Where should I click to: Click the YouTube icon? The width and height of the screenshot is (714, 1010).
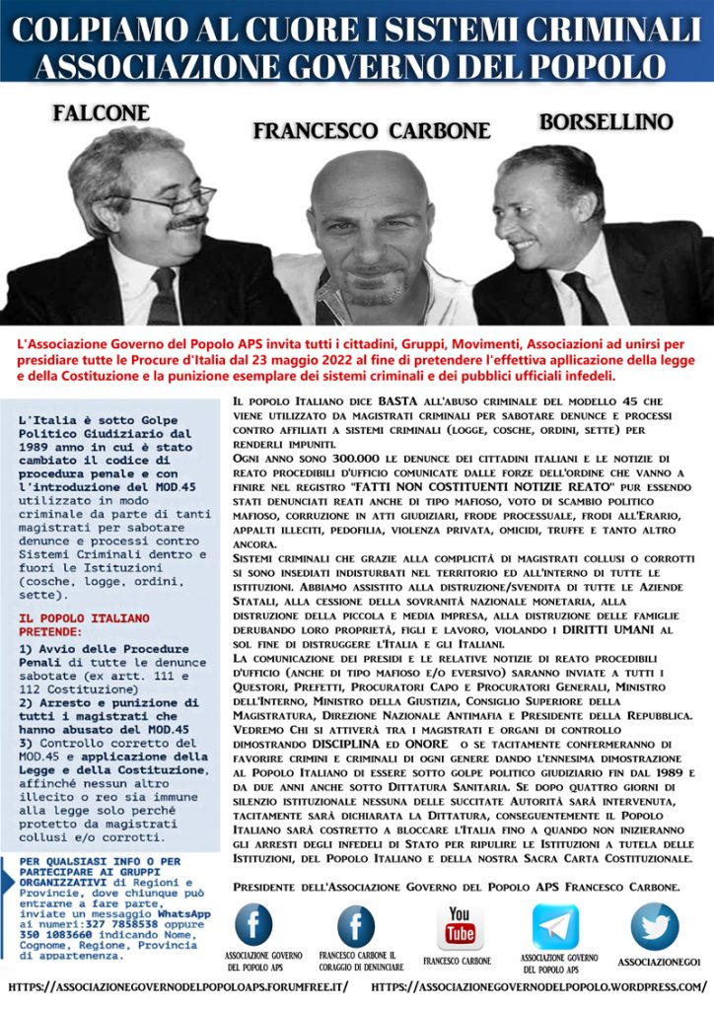(x=460, y=926)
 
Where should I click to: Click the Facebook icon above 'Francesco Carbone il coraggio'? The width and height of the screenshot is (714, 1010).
(x=356, y=926)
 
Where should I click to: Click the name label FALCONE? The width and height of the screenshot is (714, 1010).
(x=101, y=112)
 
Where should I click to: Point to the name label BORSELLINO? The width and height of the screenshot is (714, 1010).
(x=606, y=122)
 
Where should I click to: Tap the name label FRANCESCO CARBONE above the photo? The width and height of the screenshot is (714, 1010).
(x=372, y=130)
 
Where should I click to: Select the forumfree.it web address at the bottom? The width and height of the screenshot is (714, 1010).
(x=178, y=987)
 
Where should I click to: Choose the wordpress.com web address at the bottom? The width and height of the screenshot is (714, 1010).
(x=539, y=987)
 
